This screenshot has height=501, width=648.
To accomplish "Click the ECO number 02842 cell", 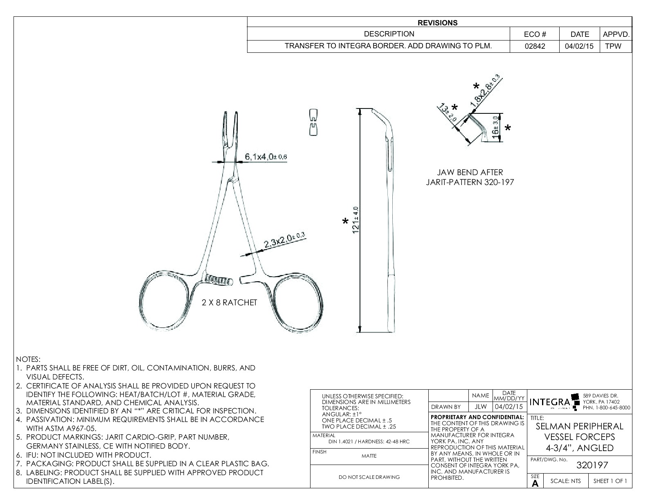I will (x=535, y=46).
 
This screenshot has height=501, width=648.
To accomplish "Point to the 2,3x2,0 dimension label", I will (x=284, y=241).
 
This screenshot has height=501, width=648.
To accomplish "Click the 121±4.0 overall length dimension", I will (x=356, y=221).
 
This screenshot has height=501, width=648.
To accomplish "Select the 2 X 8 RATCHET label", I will (x=229, y=302).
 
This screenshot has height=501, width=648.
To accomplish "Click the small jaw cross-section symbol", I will (x=313, y=122).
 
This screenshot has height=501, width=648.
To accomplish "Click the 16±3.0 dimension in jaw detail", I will (x=495, y=128).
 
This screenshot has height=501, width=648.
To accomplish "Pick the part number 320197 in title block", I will (x=592, y=465).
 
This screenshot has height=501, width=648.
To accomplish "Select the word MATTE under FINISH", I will (x=369, y=456).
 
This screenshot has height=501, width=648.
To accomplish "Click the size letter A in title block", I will (x=535, y=483).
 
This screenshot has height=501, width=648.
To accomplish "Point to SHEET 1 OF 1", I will (x=610, y=481).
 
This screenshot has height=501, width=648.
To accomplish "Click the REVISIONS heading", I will (x=437, y=23).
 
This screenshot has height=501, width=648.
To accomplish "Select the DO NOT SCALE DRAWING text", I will (x=369, y=477).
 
